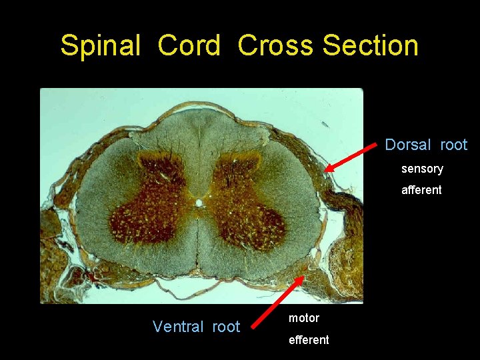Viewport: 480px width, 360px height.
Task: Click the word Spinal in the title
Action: [x=100, y=46]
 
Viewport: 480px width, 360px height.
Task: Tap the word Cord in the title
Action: [x=189, y=46]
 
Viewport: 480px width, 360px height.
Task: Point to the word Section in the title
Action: [x=370, y=46]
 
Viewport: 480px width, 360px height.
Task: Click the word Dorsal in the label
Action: [x=409, y=145]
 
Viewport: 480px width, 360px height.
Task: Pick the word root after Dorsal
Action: [x=453, y=145]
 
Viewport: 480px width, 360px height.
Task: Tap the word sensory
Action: [x=422, y=169]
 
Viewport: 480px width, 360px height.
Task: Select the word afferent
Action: [x=421, y=190]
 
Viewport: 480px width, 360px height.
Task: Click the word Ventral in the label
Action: [x=178, y=327]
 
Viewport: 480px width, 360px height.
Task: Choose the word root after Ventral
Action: [x=226, y=327]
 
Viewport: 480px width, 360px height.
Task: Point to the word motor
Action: [x=303, y=318]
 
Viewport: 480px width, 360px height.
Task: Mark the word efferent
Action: [x=309, y=340]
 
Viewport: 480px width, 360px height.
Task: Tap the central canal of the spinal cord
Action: [x=199, y=201]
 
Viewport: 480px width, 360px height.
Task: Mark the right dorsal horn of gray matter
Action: [x=237, y=167]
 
